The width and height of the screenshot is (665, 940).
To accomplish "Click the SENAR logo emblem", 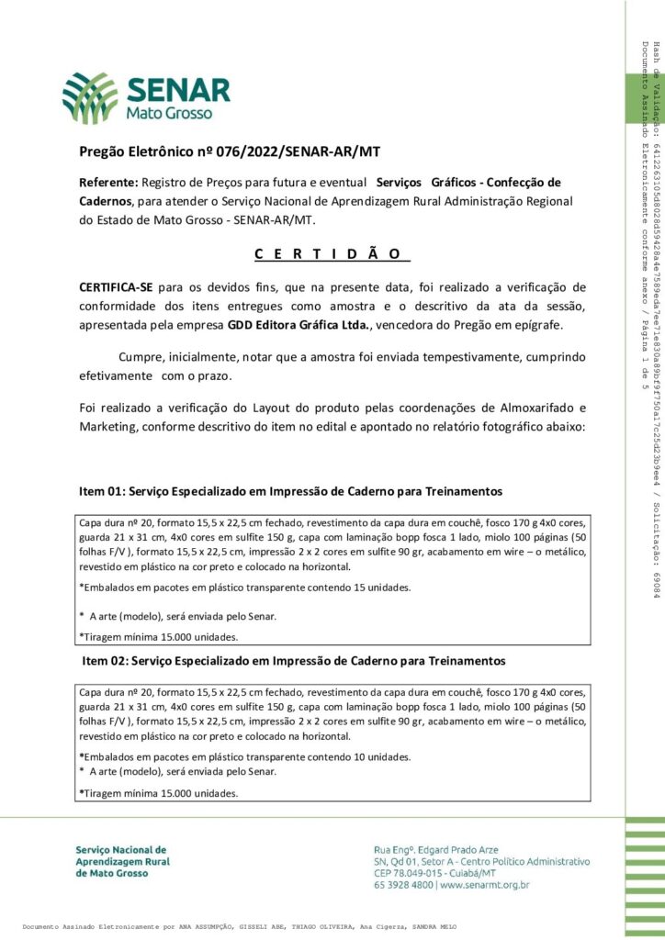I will coord(90,97).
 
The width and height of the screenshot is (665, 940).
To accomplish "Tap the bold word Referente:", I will coord(108,183).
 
